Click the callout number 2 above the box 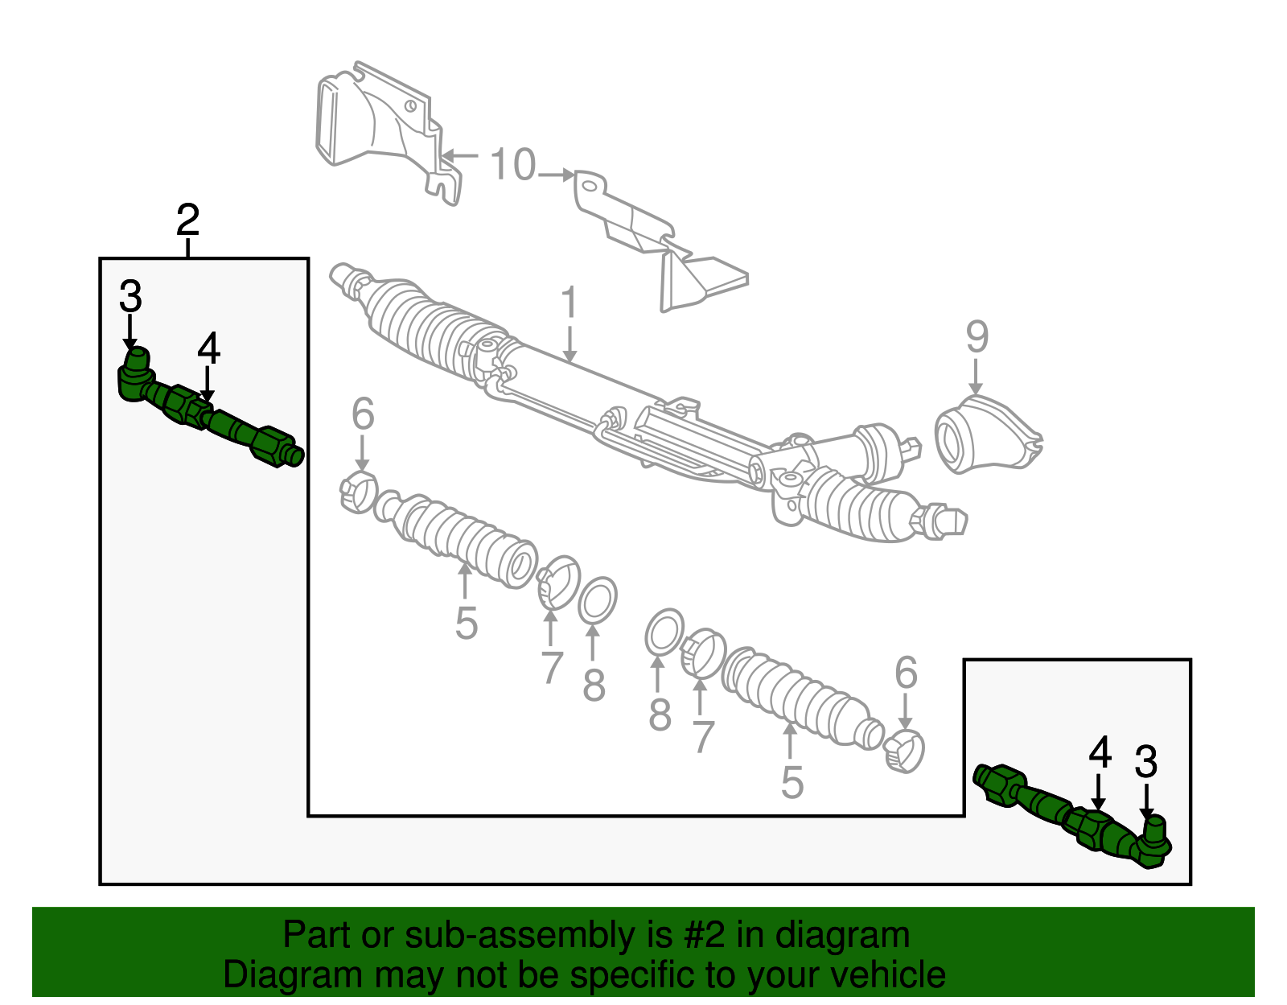[x=187, y=220]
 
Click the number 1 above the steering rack [x=569, y=303]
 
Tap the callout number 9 [x=977, y=336]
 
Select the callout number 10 [x=512, y=165]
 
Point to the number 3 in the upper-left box [x=130, y=296]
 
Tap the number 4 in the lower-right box [x=1100, y=754]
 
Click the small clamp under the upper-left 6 [x=358, y=492]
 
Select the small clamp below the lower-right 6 [x=904, y=752]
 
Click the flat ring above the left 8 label [x=597, y=600]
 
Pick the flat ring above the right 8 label [x=664, y=632]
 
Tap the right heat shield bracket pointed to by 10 [x=660, y=241]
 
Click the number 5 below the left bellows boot [x=466, y=624]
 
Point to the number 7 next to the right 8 [x=702, y=736]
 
